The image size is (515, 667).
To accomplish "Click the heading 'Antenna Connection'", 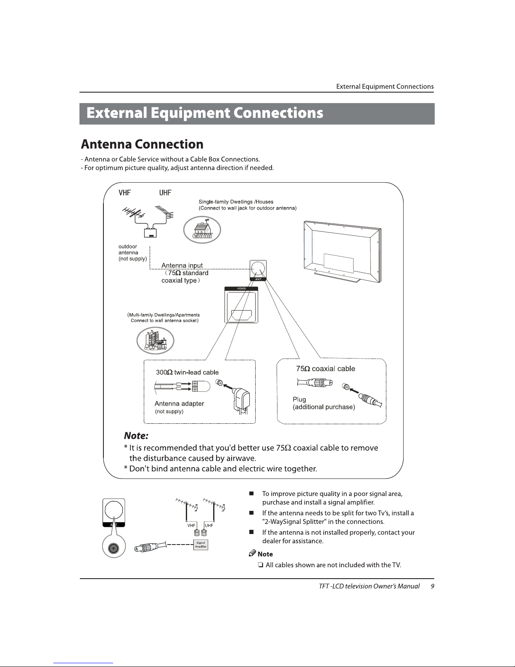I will [142, 145].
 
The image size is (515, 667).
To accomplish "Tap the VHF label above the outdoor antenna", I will [124, 193].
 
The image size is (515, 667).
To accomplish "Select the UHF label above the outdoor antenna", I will [165, 193].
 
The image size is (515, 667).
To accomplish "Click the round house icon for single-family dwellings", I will [202, 231].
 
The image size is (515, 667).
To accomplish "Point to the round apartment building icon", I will [155, 340].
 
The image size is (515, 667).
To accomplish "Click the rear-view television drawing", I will [342, 252].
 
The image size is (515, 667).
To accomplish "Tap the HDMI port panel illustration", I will [241, 305].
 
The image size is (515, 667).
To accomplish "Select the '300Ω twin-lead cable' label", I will [187, 372].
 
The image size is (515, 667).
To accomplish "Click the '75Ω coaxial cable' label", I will [325, 369].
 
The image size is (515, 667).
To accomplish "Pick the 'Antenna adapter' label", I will [179, 404].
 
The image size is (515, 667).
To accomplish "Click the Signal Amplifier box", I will [201, 545].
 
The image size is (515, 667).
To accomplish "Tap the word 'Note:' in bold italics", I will [136, 435].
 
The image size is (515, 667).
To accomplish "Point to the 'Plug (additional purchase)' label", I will [324, 403].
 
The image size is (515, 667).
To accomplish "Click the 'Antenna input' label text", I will [182, 266].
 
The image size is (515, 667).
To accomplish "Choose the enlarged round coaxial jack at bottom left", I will [113, 549].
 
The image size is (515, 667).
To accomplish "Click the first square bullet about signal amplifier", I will [251, 494].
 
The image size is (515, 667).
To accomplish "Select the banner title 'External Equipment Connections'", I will [205, 114].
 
